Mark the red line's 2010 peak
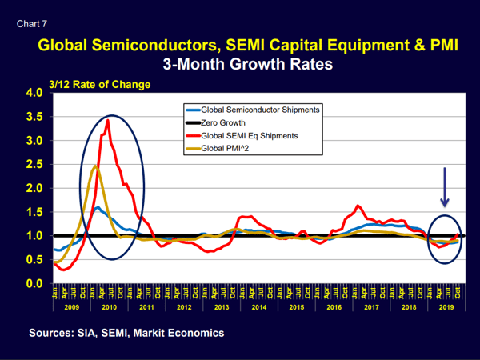108,120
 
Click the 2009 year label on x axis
70,306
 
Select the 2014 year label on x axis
258,306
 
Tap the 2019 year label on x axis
447,306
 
